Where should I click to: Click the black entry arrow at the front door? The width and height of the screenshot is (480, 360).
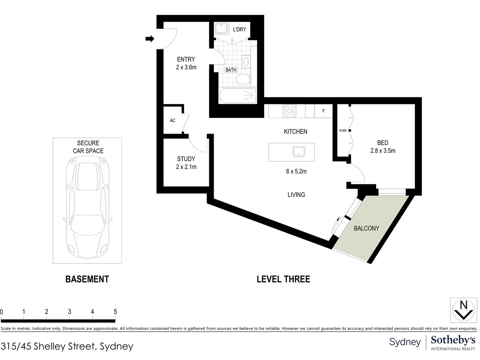pyautogui.click(x=150, y=39)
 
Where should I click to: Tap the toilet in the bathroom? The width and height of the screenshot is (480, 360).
pyautogui.click(x=243, y=79)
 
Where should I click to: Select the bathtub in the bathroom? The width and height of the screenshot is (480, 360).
pyautogui.click(x=238, y=96)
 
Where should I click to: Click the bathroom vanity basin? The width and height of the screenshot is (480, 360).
pyautogui.click(x=246, y=62)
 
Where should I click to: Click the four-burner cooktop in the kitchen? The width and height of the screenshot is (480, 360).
pyautogui.click(x=289, y=111)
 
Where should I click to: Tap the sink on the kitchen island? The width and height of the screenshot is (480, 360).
pyautogui.click(x=299, y=152)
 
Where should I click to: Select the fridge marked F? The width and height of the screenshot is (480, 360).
pyautogui.click(x=323, y=111)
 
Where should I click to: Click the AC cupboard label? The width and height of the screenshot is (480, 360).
pyautogui.click(x=172, y=120)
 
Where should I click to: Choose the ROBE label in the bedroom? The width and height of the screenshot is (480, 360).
pyautogui.click(x=343, y=131)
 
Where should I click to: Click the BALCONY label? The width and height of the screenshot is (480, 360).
pyautogui.click(x=366, y=228)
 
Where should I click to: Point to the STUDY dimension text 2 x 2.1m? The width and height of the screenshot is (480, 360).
pyautogui.click(x=186, y=167)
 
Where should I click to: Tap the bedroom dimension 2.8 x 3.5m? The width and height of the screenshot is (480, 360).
pyautogui.click(x=383, y=151)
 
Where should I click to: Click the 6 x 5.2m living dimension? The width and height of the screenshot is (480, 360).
pyautogui.click(x=296, y=171)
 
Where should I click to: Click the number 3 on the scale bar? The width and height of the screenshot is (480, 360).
pyautogui.click(x=69, y=312)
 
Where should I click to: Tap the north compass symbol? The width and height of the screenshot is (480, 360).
pyautogui.click(x=463, y=310)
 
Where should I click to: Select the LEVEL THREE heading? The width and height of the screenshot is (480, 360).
pyautogui.click(x=283, y=279)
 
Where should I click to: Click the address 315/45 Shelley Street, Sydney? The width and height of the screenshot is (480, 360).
pyautogui.click(x=67, y=346)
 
